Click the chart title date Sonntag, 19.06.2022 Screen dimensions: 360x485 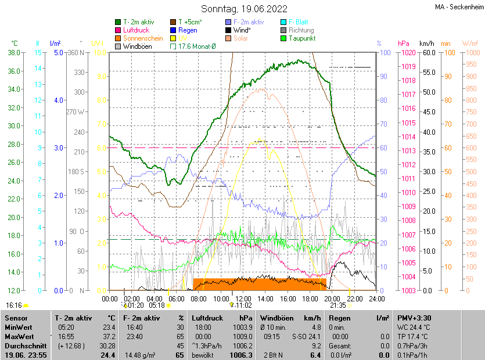(x=244, y=9)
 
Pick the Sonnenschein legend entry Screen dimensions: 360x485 (x=143, y=38)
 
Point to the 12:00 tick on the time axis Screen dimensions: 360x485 (x=243, y=298)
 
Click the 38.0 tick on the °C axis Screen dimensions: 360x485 (x=14, y=52)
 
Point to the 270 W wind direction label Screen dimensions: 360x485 (x=76, y=111)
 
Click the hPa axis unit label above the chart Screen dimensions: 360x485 (x=403, y=44)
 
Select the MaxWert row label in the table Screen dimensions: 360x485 (x=20, y=336)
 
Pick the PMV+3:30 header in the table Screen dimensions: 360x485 (x=414, y=318)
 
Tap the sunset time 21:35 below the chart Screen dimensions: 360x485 (x=338, y=305)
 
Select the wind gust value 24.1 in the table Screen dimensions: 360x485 (x=314, y=336)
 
